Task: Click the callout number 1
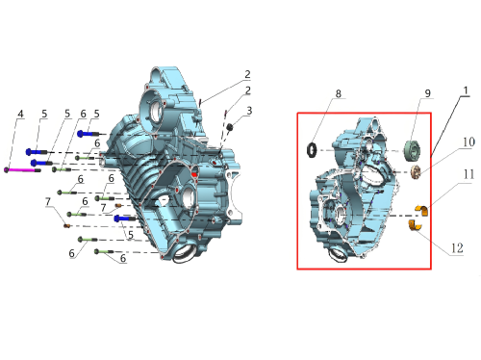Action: click(466, 90)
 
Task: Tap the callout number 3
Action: click(249, 111)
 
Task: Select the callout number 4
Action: click(21, 114)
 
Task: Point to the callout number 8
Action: click(339, 93)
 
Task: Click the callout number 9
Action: click(428, 93)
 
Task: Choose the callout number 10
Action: click(468, 141)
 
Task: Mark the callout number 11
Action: click(468, 174)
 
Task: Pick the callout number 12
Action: click(457, 248)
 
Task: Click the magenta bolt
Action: click(22, 170)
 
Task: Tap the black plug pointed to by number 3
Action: click(230, 127)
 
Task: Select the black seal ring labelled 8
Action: click(312, 150)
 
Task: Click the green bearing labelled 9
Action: click(412, 150)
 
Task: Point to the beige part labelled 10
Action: click(416, 172)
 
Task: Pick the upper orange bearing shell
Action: click(421, 210)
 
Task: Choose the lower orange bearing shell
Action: click(416, 225)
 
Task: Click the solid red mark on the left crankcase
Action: click(194, 174)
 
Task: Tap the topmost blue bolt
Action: click(89, 134)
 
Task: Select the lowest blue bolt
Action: click(125, 219)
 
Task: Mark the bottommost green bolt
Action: click(104, 252)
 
